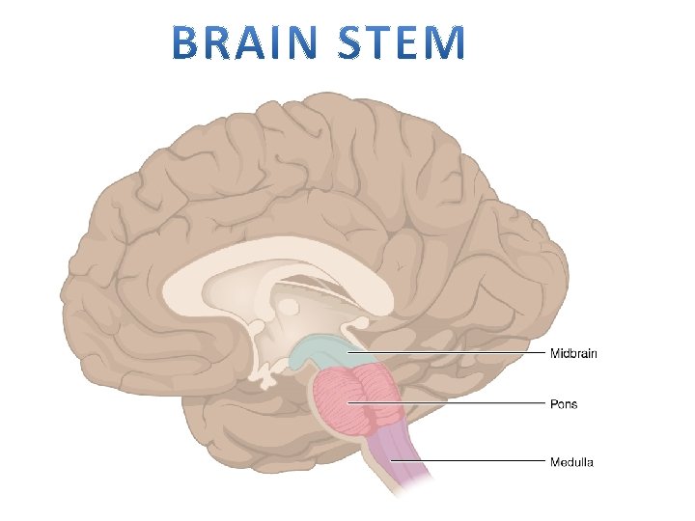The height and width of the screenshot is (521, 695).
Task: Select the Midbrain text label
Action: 573,353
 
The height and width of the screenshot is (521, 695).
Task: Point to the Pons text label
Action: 564,403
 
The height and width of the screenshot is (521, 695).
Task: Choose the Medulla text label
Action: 571,461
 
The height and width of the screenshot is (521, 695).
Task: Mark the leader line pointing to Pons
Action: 454,403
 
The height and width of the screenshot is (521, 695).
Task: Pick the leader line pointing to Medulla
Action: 473,461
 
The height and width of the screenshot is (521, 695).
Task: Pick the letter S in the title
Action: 356,42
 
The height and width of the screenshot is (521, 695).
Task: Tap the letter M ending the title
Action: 447,42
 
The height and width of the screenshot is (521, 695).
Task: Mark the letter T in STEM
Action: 386,42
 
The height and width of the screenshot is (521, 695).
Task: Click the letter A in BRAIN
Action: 254,42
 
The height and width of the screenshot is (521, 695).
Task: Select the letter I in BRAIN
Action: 283,42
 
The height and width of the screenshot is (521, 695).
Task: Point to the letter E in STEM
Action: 413,42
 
